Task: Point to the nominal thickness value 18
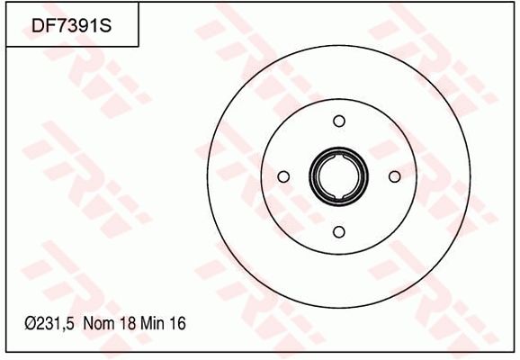125,322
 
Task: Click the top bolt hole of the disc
338,121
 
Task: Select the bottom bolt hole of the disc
338,232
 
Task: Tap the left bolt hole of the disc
282,176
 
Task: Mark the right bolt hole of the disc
394,176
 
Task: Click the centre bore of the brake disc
338,176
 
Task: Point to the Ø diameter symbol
30,322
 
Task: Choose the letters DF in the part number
40,26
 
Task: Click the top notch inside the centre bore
338,160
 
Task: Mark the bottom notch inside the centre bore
338,193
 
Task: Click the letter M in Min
147,322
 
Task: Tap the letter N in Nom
87,322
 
